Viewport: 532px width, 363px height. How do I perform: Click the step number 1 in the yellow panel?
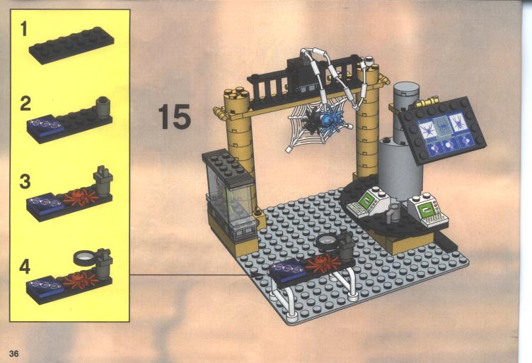point(24,28)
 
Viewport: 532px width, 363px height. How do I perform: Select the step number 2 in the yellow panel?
point(25,104)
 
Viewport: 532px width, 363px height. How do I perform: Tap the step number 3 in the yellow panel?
point(25,181)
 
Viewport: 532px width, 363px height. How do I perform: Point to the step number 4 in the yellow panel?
point(25,267)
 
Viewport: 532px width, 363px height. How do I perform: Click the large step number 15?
point(175,116)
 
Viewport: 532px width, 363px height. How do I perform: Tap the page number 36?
point(14,354)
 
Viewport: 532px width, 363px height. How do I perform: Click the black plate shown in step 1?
point(71,45)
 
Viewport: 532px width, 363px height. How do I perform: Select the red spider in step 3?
point(79,198)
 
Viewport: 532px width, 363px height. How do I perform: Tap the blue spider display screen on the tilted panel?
point(442,134)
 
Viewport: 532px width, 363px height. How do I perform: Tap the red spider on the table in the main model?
point(323,263)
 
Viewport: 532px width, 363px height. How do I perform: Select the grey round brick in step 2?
point(103,106)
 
